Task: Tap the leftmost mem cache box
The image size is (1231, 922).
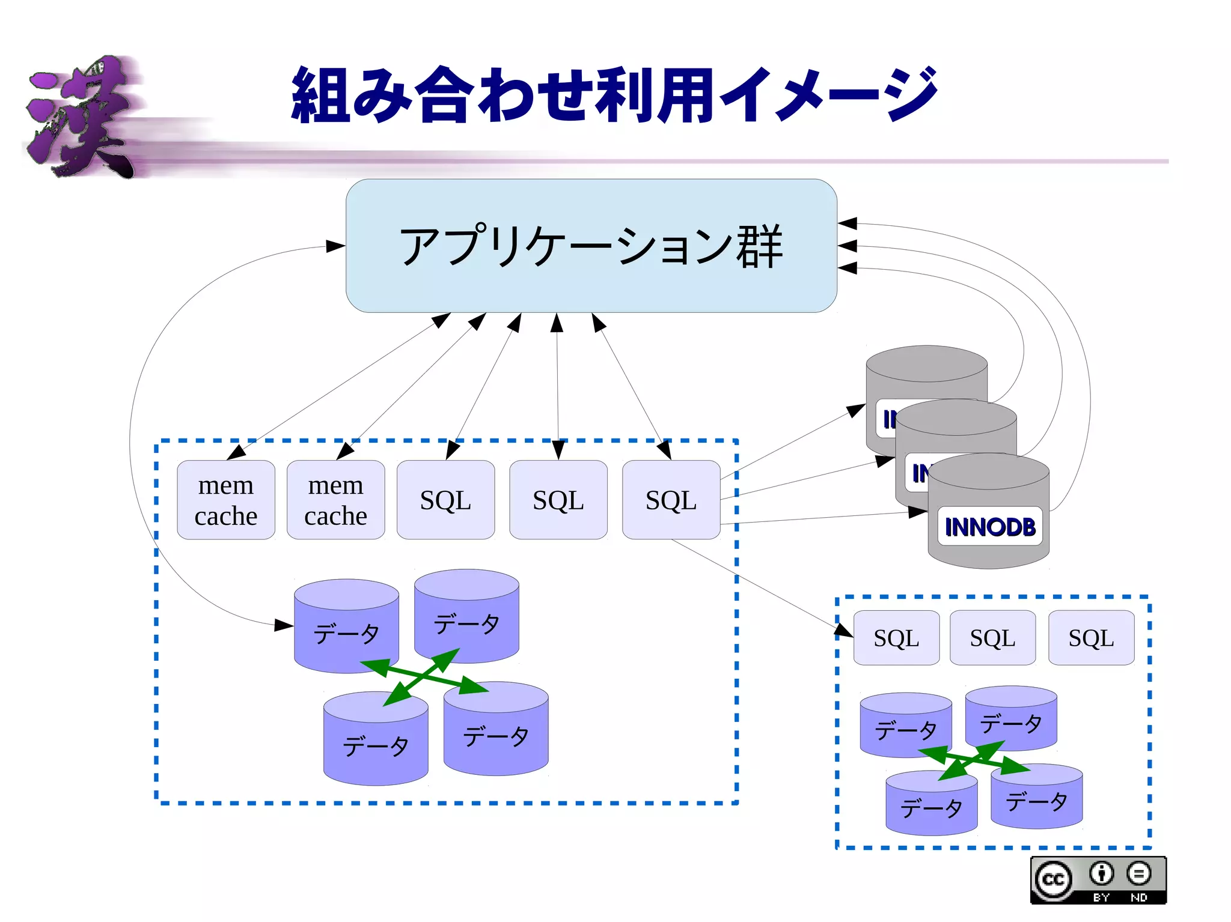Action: (226, 500)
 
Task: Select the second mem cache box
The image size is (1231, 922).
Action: (335, 500)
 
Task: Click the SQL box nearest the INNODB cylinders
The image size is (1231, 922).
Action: (671, 500)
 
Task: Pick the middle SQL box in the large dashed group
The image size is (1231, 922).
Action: (558, 500)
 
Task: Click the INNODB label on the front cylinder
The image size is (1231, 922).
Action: (990, 527)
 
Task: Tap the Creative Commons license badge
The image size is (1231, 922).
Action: (1098, 881)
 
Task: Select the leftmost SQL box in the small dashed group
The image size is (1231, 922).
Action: (896, 638)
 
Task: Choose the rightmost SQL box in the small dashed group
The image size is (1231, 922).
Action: (1091, 638)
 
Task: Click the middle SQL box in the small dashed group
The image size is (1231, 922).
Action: (992, 638)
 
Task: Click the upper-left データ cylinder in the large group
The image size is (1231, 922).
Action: (346, 628)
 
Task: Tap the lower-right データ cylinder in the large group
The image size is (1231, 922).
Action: (496, 733)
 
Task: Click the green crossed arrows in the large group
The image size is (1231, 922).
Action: (424, 676)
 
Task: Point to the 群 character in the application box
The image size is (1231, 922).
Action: (760, 246)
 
